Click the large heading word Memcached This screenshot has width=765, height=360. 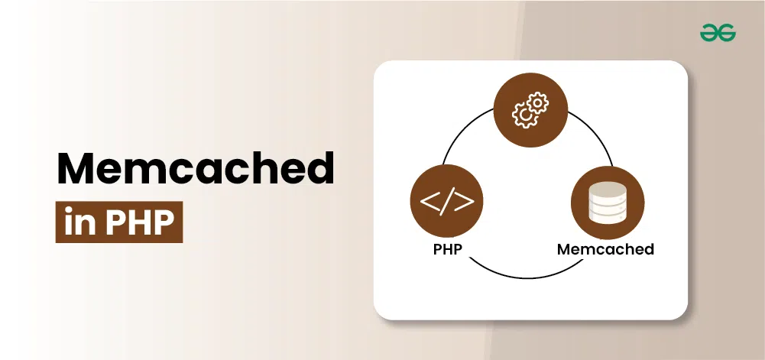[196, 168]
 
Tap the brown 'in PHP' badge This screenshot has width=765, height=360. [119, 222]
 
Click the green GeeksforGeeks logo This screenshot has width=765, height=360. [718, 33]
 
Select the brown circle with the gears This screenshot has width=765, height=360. [531, 110]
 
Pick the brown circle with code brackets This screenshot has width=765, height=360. [447, 201]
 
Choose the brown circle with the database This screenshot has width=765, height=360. [608, 203]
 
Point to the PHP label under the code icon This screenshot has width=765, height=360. [447, 249]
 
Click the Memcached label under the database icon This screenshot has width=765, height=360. [605, 249]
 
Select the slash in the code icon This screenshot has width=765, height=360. [447, 202]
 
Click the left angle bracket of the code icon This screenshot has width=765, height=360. [429, 202]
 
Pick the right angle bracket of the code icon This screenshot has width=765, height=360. [465, 202]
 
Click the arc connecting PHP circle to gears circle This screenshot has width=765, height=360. [463, 131]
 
